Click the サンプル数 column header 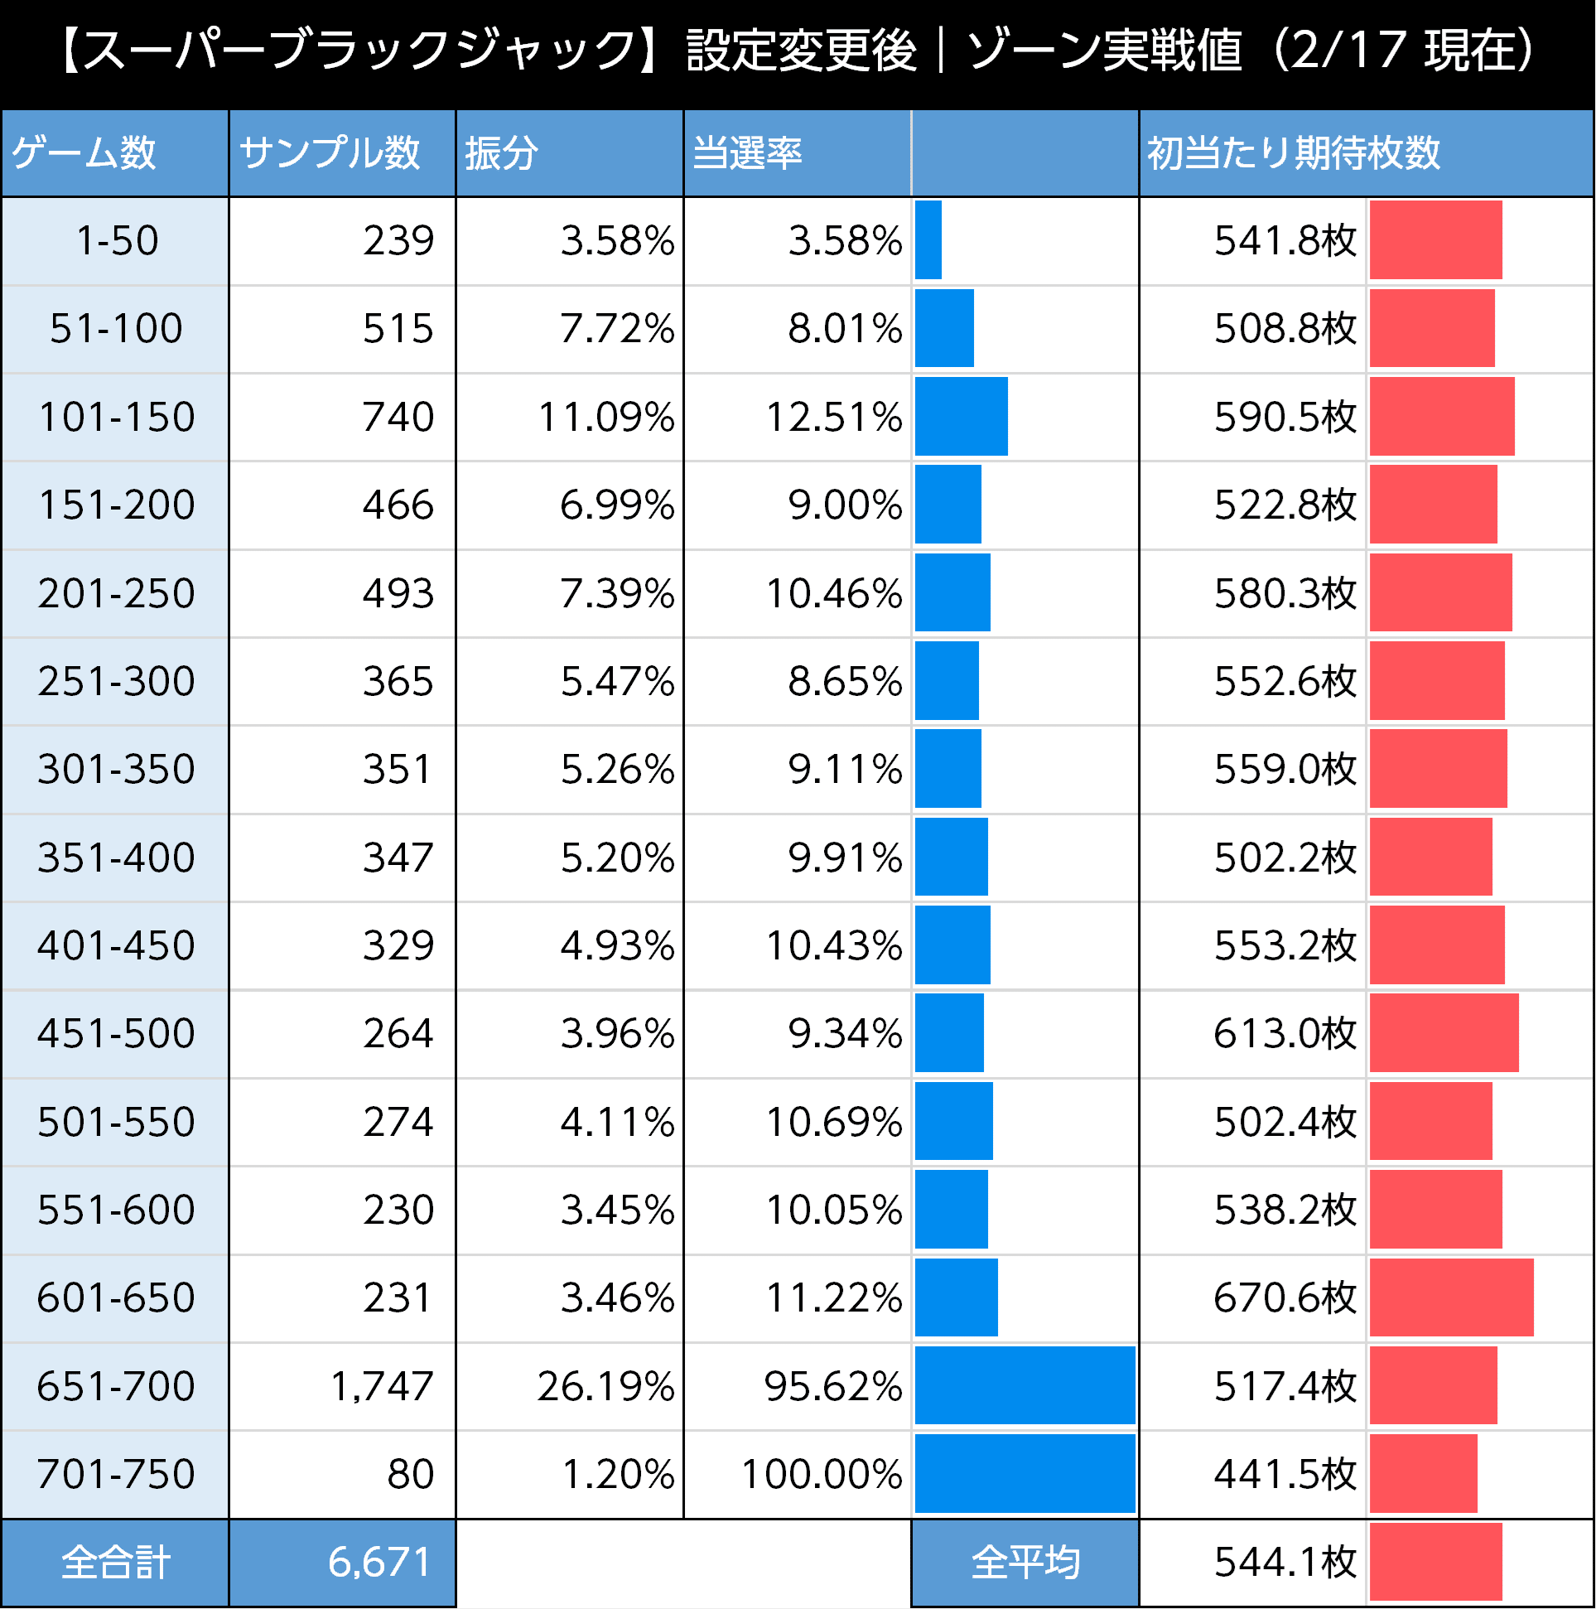(330, 153)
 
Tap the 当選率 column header (747, 153)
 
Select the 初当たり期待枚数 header (1293, 153)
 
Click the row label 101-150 (117, 417)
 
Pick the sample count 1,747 (381, 1386)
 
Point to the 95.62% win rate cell (832, 1386)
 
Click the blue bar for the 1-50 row (928, 239)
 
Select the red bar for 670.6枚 (1450, 1297)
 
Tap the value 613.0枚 (1285, 1032)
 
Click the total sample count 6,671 (379, 1563)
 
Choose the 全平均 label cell (1025, 1563)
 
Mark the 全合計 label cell (116, 1563)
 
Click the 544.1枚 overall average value (1285, 1563)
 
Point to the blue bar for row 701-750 (1024, 1473)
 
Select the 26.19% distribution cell (605, 1386)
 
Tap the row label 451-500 (117, 1032)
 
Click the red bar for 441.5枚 (1423, 1473)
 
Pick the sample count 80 (411, 1473)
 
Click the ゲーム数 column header (84, 153)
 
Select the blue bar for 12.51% (961, 417)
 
